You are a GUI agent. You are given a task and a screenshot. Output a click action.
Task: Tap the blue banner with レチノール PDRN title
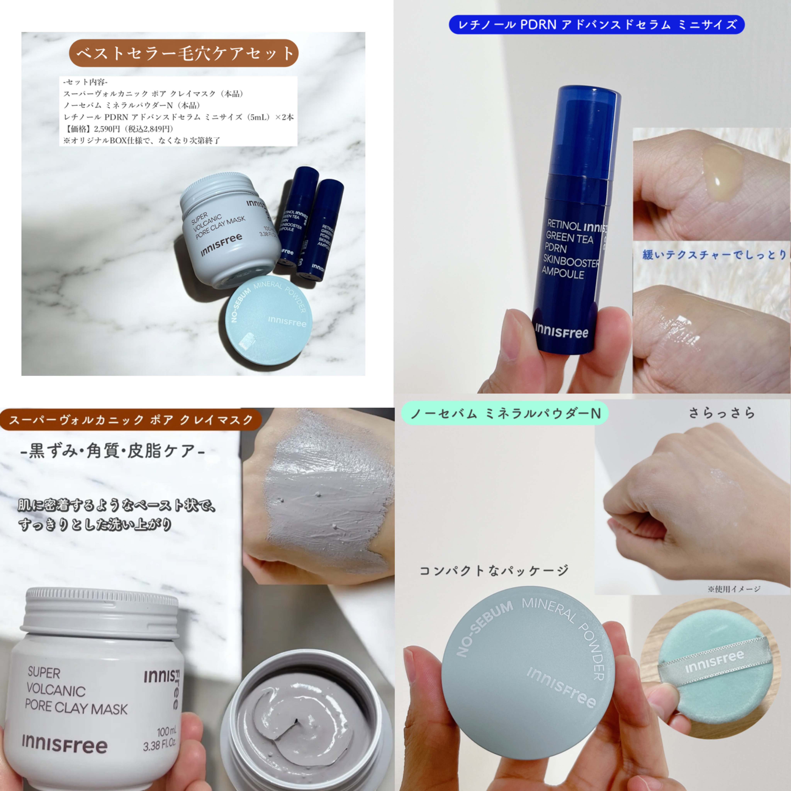pos(597,25)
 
